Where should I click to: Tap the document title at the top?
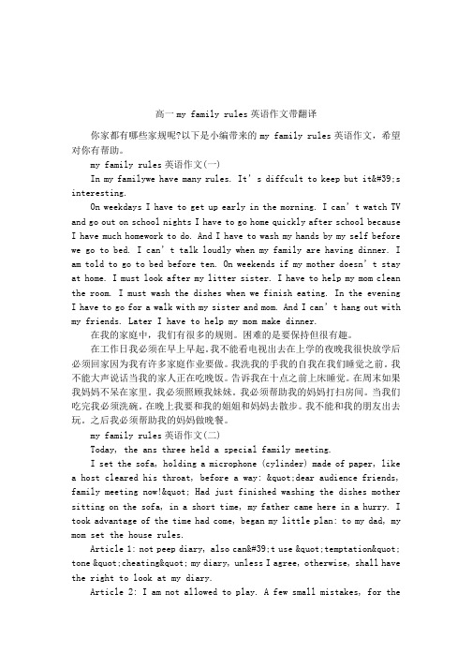click(235, 111)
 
